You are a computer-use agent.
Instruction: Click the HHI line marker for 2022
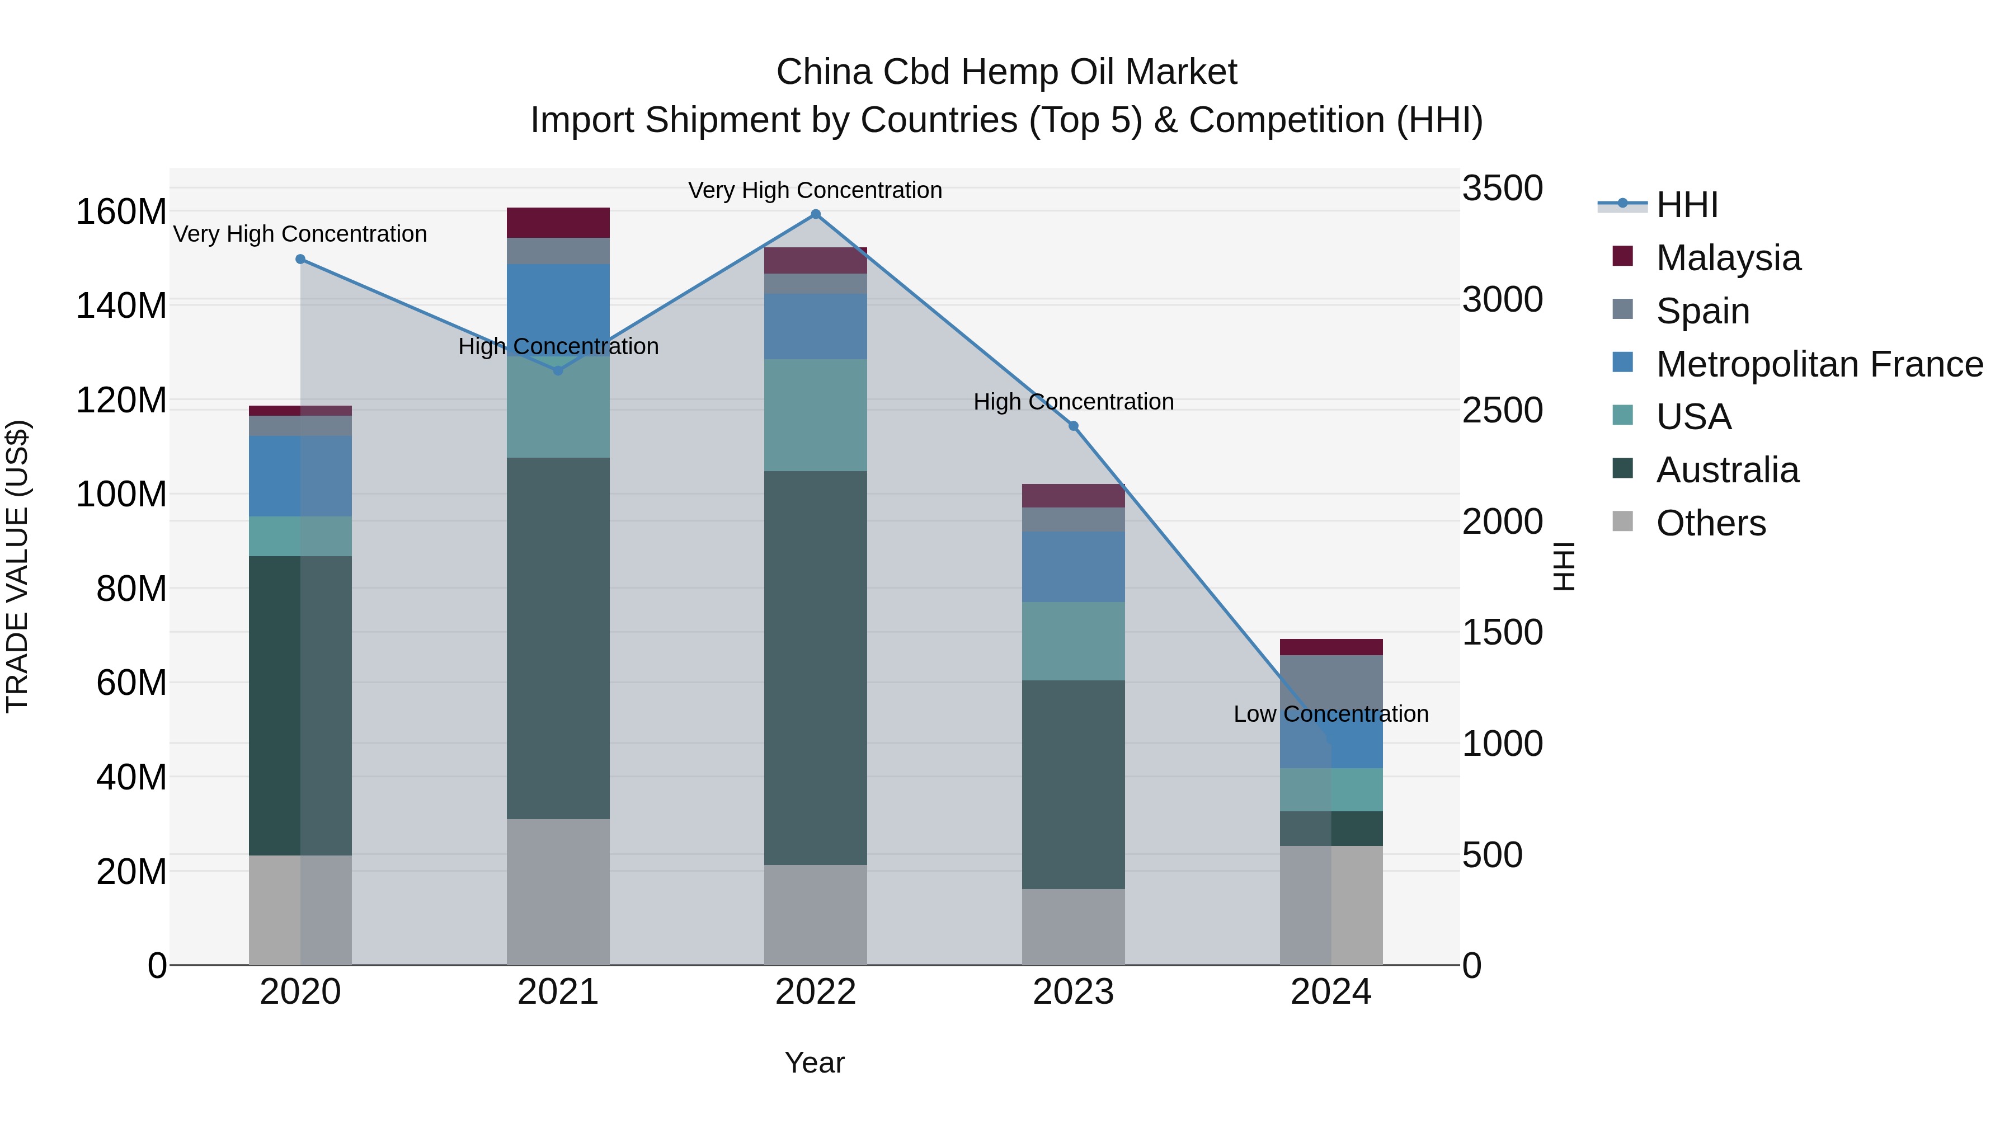click(x=816, y=214)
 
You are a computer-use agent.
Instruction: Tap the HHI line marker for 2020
click(x=300, y=259)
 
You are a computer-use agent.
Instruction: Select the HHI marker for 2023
click(x=1074, y=426)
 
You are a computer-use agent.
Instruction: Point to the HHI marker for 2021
click(x=558, y=370)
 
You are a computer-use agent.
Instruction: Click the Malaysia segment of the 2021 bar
click(x=558, y=223)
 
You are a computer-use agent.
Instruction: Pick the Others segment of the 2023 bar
click(x=1074, y=927)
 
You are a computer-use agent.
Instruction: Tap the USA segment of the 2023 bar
click(x=1074, y=641)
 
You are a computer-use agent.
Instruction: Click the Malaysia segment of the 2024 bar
click(x=1331, y=647)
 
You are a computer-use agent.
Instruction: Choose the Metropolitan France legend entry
click(x=1819, y=364)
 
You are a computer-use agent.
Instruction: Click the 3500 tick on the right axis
click(x=1502, y=189)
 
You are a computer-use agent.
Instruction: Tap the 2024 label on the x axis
click(x=1331, y=992)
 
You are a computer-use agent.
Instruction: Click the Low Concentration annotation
click(x=1331, y=714)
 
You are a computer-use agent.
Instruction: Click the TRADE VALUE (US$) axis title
click(x=17, y=566)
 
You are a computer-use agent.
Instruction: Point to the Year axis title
click(x=815, y=1063)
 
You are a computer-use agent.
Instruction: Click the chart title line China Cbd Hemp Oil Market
click(x=1006, y=72)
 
